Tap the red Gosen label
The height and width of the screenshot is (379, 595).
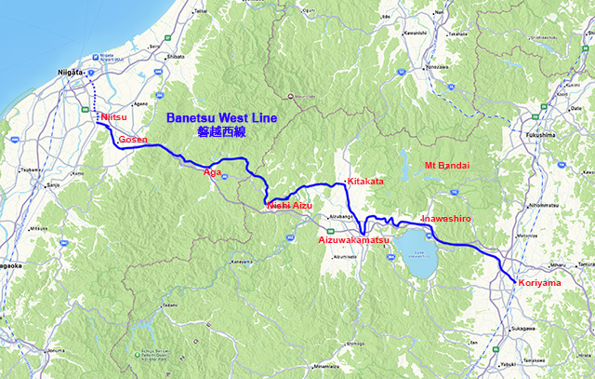coord(133,139)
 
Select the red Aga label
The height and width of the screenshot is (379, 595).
coord(212,172)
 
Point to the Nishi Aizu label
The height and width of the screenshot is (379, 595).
coord(290,204)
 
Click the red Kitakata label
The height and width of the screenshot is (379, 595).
coord(364,181)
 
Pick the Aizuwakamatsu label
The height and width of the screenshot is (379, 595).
coord(353,239)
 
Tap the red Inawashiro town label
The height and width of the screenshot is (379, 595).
coord(448,219)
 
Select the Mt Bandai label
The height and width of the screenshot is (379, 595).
coord(446,165)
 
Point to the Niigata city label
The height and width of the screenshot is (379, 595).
coord(71,72)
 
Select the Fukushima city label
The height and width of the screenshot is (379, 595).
coord(541,134)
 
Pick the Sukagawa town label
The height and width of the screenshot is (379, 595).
coord(522,329)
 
